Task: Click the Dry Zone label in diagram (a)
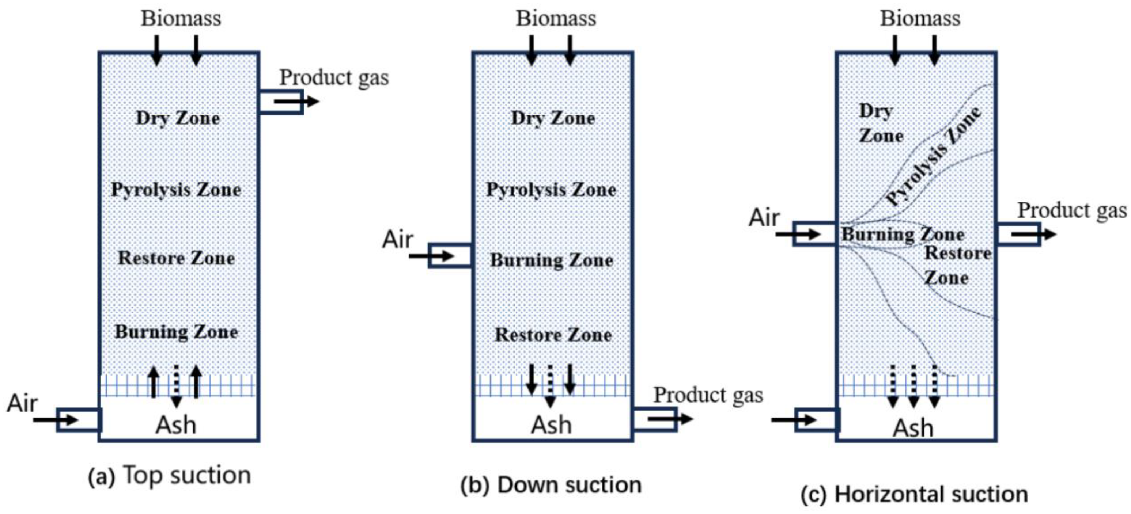click(178, 118)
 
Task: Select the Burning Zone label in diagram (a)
click(176, 332)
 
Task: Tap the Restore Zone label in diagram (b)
click(553, 335)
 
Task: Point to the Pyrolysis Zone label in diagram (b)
click(551, 190)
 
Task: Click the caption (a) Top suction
click(170, 476)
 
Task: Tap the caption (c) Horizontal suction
click(914, 495)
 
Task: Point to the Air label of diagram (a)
click(22, 403)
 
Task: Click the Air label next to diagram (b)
click(397, 240)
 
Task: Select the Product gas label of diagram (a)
click(334, 78)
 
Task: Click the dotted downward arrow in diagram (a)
click(176, 386)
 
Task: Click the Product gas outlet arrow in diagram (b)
click(670, 419)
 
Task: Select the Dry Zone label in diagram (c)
click(880, 123)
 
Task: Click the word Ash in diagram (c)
click(913, 428)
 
